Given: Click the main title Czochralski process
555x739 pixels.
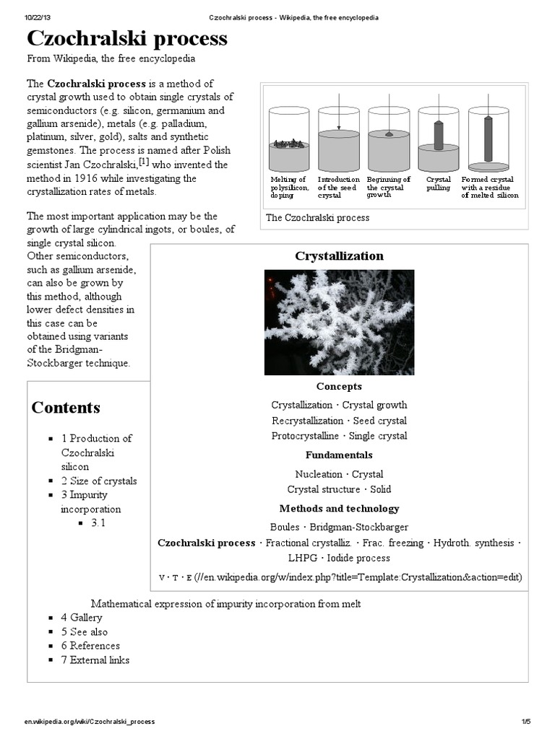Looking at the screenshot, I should coord(127,39).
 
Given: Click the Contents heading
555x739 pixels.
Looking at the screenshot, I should coord(66,408).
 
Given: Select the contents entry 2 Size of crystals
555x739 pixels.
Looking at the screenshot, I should coord(99,481).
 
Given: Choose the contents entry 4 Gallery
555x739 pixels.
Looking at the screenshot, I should coord(82,618).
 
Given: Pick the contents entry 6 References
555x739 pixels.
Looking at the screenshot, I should coord(90,646).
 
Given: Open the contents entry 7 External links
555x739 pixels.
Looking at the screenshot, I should coord(95,660).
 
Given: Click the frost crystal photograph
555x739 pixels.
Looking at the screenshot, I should coord(339,322).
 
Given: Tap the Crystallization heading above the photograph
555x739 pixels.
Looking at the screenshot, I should coord(339,256).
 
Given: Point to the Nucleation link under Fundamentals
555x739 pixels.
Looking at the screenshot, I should coord(319,474).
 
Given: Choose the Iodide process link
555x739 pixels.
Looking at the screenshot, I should coord(359,558).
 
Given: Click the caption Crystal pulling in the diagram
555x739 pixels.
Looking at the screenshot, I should coord(438,183).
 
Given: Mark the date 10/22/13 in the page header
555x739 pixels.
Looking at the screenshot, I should coord(36,17).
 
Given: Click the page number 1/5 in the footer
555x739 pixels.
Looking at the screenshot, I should coord(525,722).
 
